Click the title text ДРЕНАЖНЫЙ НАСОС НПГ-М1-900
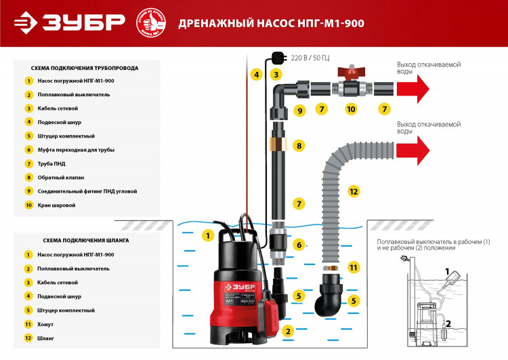(271, 24)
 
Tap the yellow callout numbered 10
(351, 108)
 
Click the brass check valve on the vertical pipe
(278, 144)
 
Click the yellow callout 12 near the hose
(352, 191)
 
